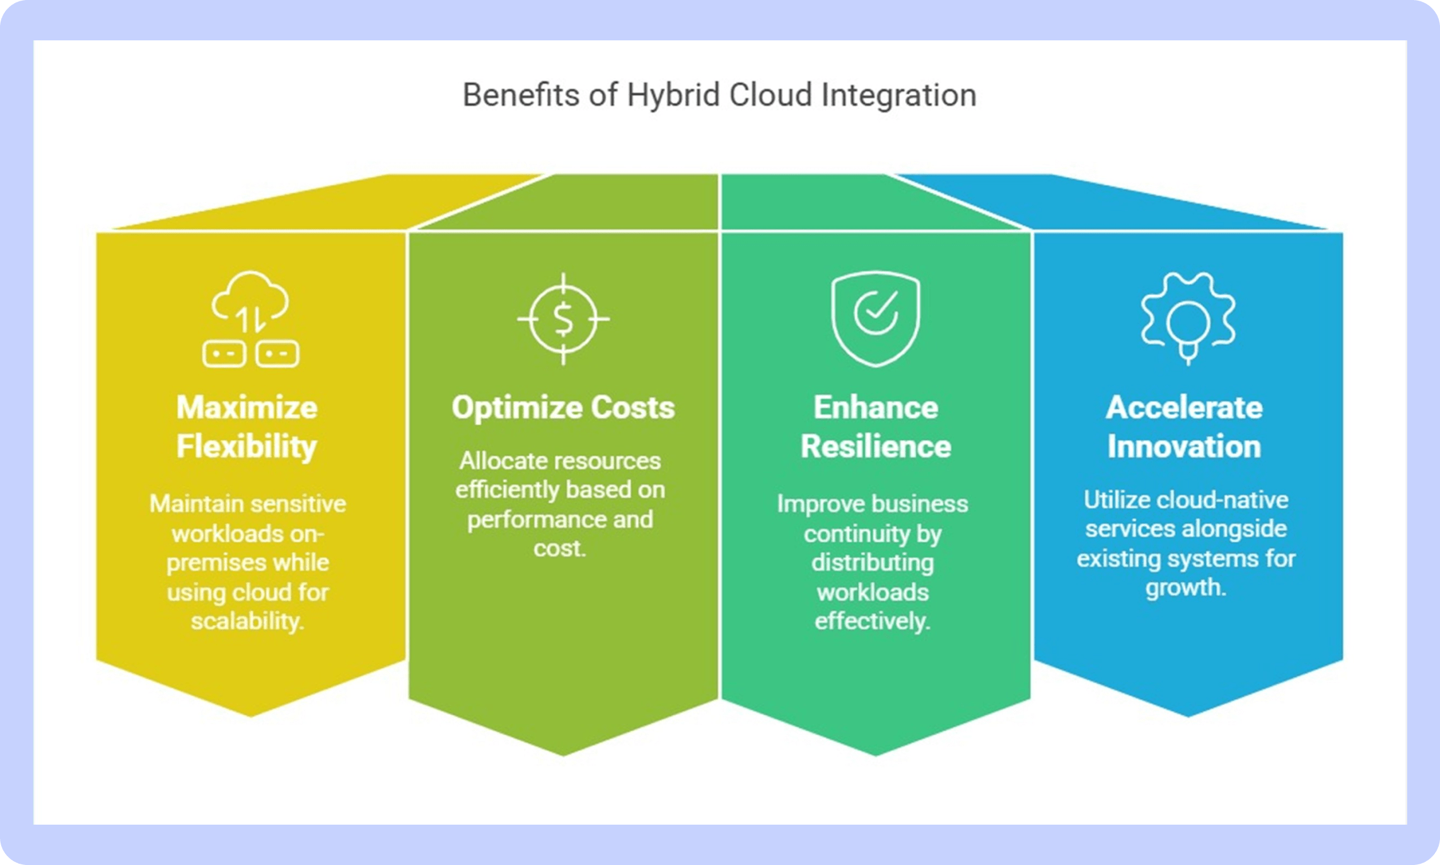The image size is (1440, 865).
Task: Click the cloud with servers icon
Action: coord(251,319)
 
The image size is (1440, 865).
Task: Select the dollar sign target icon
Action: coord(563,319)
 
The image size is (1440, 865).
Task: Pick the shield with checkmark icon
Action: coord(876,319)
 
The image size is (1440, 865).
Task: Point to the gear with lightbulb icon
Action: coord(1188,319)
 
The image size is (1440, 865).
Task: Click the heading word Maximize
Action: coord(247,407)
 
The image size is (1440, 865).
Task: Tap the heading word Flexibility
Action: coord(247,447)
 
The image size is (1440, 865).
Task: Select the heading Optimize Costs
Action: coord(563,408)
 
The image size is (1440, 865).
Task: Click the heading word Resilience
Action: coord(876,446)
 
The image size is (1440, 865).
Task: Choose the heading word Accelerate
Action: coord(1185,407)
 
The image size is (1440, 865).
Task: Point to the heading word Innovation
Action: coord(1185,446)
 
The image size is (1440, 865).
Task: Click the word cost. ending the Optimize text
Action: coord(560,549)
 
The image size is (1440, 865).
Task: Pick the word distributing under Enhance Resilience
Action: coord(873,563)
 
